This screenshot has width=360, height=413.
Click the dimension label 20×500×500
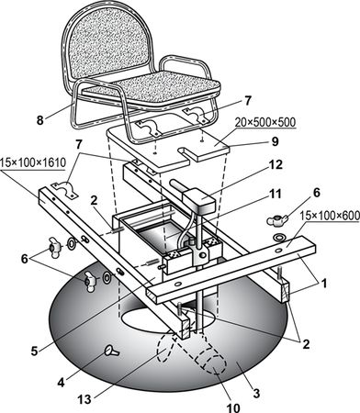[265, 122]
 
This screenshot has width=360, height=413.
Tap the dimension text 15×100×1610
[33, 162]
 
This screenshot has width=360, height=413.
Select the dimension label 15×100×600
[330, 216]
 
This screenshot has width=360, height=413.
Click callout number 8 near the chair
[40, 120]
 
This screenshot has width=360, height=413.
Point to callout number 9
[275, 141]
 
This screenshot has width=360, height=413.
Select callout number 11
[276, 194]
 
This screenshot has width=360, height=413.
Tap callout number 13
[84, 399]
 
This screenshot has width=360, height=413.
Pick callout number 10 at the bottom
[233, 407]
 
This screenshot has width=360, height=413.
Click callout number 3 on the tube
[256, 393]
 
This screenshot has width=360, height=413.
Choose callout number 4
[62, 383]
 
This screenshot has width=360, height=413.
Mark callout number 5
[34, 351]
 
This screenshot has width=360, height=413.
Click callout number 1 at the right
[324, 284]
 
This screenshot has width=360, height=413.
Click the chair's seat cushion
[152, 88]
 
